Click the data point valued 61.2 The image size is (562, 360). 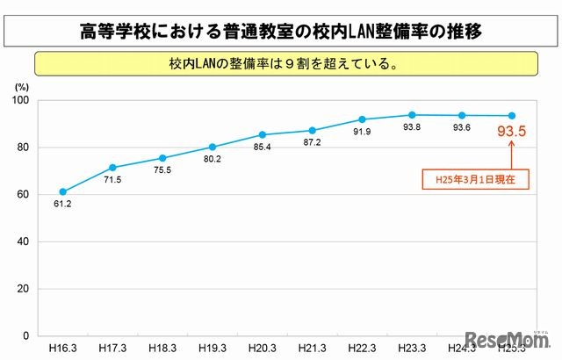point(61,191)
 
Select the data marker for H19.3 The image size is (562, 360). point(212,147)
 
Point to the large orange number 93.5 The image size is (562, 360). point(512,133)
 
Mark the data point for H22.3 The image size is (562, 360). point(362,119)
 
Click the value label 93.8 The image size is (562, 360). point(413,128)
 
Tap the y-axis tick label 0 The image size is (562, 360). point(27,335)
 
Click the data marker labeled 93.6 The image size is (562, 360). point(462,115)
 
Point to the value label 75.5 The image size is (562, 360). point(163,171)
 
